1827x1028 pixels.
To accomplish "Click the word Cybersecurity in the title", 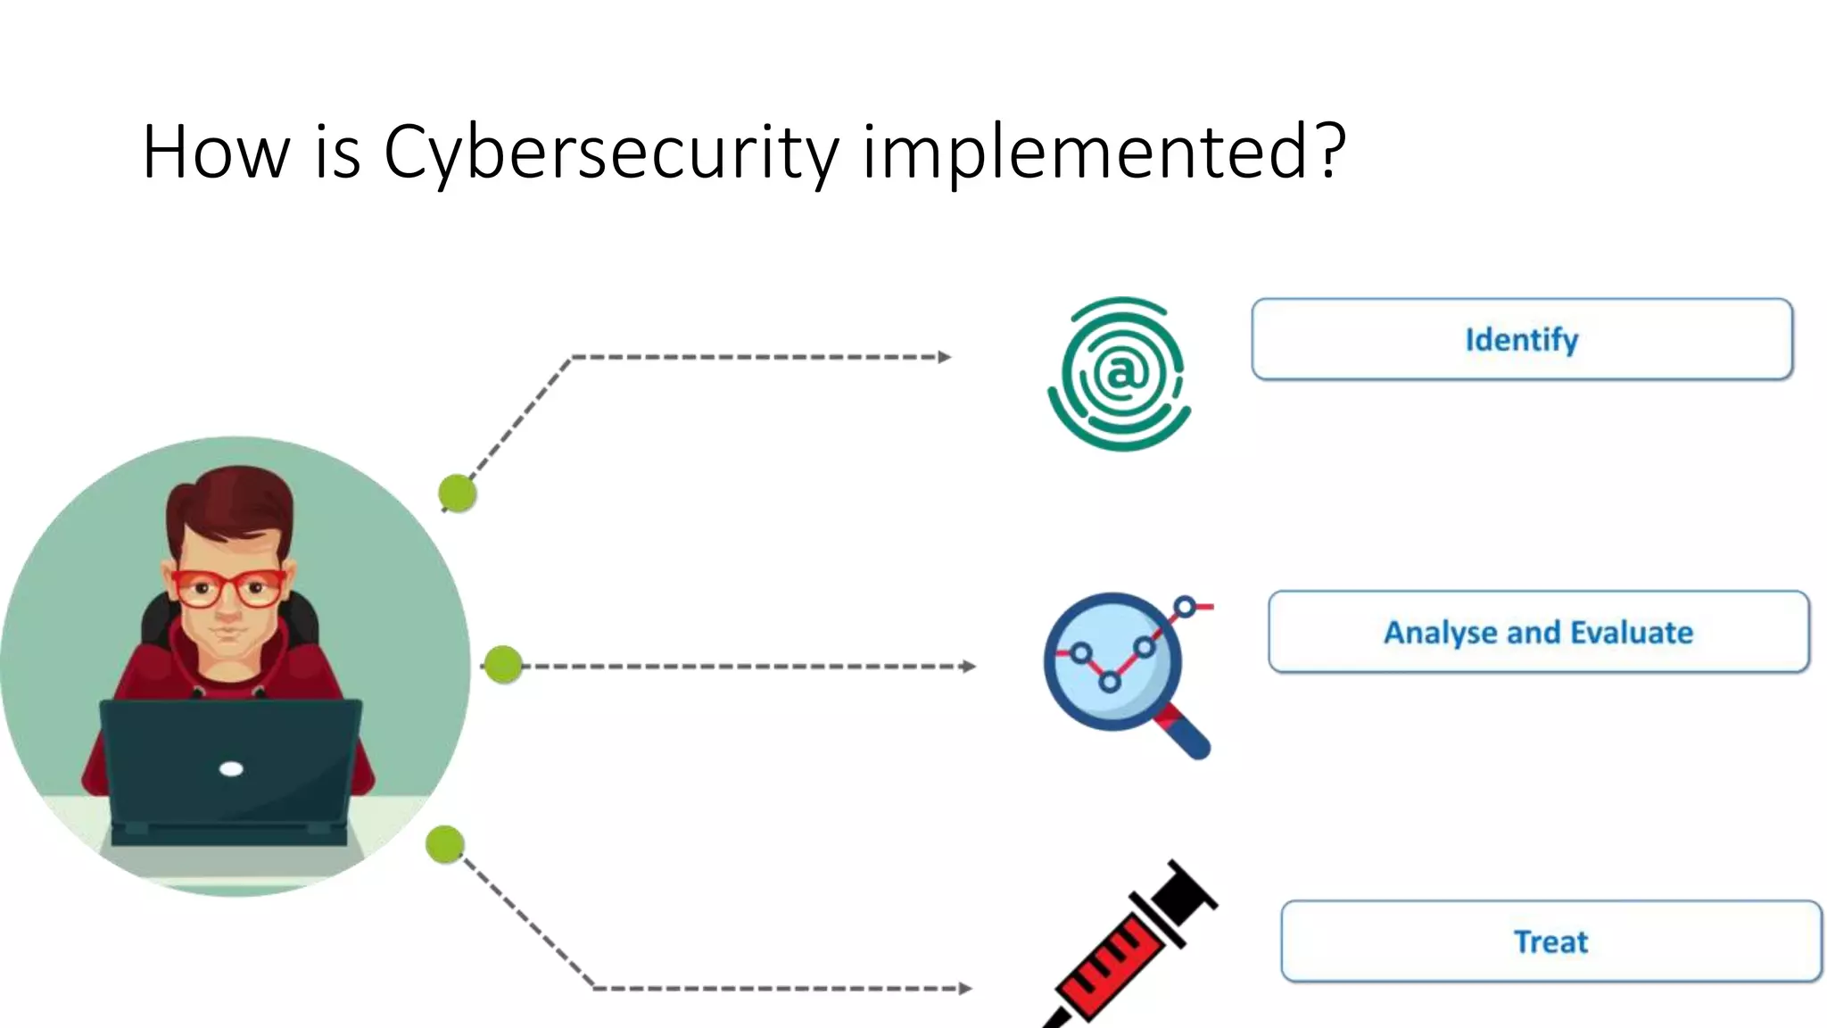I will tap(611, 152).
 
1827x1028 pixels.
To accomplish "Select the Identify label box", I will tap(1522, 339).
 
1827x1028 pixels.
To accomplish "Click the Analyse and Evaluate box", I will tap(1538, 632).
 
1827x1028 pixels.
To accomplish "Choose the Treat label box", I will tap(1550, 941).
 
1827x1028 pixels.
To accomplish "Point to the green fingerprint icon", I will tap(1120, 374).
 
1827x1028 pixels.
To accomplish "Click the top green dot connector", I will tap(458, 493).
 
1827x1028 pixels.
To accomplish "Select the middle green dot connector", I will tap(503, 665).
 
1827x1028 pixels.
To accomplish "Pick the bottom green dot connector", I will tap(444, 844).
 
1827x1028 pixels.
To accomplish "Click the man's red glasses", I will tap(229, 588).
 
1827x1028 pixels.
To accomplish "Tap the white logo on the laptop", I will tap(231, 768).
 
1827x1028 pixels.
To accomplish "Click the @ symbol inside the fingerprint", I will tap(1121, 372).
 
